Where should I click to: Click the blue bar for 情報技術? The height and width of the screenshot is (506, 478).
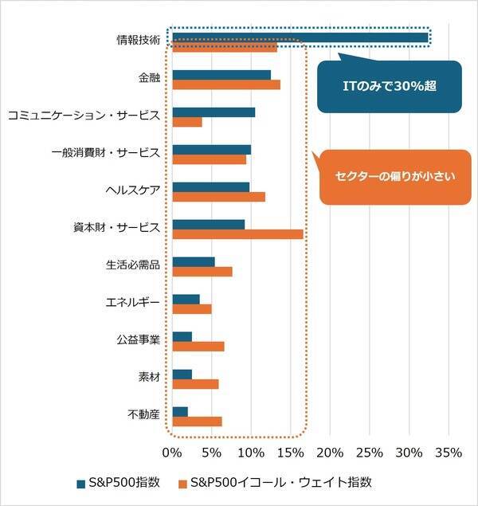pos(300,37)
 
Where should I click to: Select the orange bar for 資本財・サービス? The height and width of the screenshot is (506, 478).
pos(237,234)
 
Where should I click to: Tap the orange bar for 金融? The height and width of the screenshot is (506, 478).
pos(226,84)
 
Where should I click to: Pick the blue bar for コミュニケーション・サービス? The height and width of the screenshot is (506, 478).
pos(214,112)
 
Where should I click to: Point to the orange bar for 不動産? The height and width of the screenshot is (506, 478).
pos(197,422)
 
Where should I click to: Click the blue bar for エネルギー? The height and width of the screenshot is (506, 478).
pos(186,299)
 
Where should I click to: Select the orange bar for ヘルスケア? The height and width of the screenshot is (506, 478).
pos(218,197)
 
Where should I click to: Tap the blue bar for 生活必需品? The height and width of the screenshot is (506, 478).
pos(194,261)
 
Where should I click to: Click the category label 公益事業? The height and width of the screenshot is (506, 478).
pos(137,339)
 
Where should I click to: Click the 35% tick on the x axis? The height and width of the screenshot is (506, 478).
pos(449,453)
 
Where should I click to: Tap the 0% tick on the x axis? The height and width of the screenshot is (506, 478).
pos(173,453)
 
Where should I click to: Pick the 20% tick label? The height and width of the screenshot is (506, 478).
pos(330,453)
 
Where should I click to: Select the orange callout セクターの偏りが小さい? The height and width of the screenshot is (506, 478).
pos(388,177)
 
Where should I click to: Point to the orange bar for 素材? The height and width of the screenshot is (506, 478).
pos(195,384)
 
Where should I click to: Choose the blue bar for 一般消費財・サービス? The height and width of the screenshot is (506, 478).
pos(211,150)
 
